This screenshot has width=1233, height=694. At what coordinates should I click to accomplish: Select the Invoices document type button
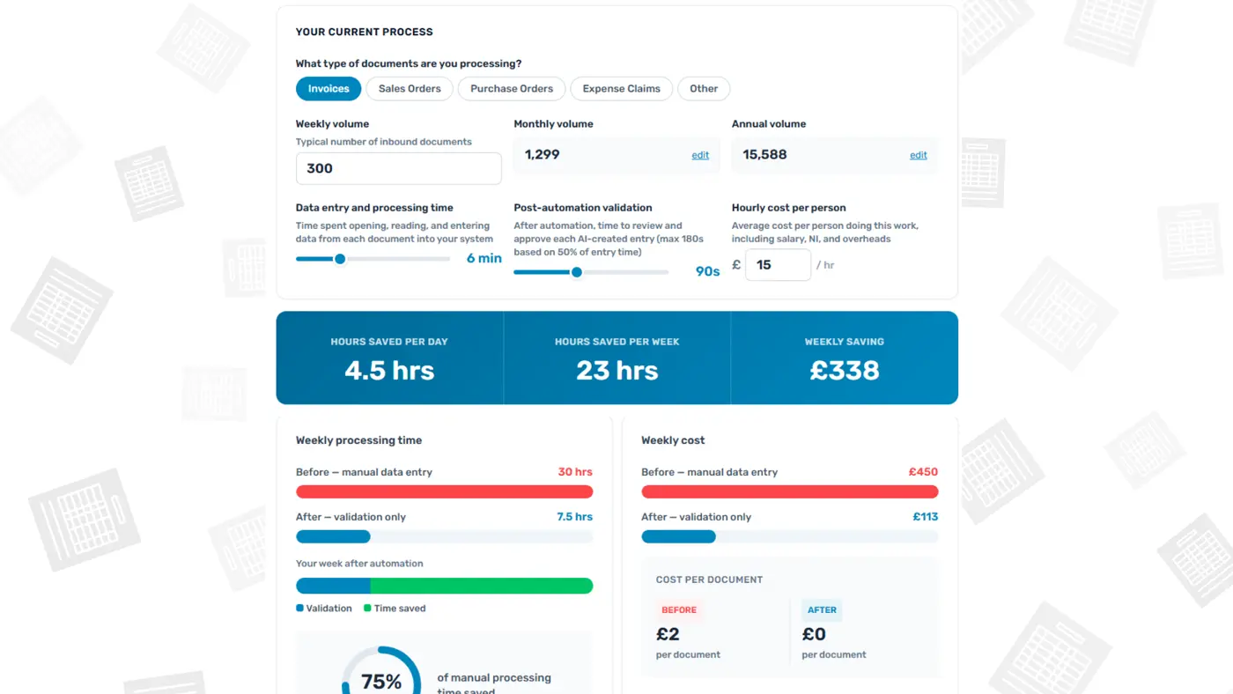[x=328, y=89]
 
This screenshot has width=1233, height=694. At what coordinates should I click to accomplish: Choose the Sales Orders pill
[x=410, y=89]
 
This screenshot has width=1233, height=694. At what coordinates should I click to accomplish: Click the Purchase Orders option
[x=512, y=89]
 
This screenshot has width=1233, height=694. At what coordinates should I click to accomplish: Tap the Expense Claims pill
[x=622, y=89]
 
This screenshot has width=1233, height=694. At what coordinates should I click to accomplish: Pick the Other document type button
[x=704, y=89]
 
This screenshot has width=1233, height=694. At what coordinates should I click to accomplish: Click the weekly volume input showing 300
[x=398, y=168]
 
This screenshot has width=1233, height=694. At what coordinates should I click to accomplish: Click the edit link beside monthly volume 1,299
[x=700, y=155]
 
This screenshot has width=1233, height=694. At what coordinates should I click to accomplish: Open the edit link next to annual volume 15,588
[x=918, y=155]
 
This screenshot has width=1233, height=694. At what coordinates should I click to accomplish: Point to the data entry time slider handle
[x=340, y=259]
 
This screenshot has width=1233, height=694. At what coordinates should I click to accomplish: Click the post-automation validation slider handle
[x=576, y=272]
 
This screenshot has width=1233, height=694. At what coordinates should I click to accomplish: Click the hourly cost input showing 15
[x=778, y=265]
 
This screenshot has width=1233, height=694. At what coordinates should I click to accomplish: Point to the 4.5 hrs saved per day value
[x=389, y=371]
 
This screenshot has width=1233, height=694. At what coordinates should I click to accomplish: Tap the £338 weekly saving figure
[x=845, y=371]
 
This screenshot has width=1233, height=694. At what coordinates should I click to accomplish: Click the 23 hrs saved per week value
[x=617, y=371]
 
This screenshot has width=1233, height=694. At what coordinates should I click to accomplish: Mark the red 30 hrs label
[x=575, y=472]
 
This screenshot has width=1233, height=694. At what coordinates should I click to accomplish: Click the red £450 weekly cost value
[x=923, y=472]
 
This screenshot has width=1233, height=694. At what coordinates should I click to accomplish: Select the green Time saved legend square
[x=367, y=608]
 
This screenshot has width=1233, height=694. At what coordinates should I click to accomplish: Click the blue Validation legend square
[x=299, y=608]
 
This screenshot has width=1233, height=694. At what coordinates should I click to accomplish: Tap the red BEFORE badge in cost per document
[x=679, y=609]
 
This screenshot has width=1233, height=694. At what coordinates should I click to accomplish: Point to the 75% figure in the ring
[x=380, y=682]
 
